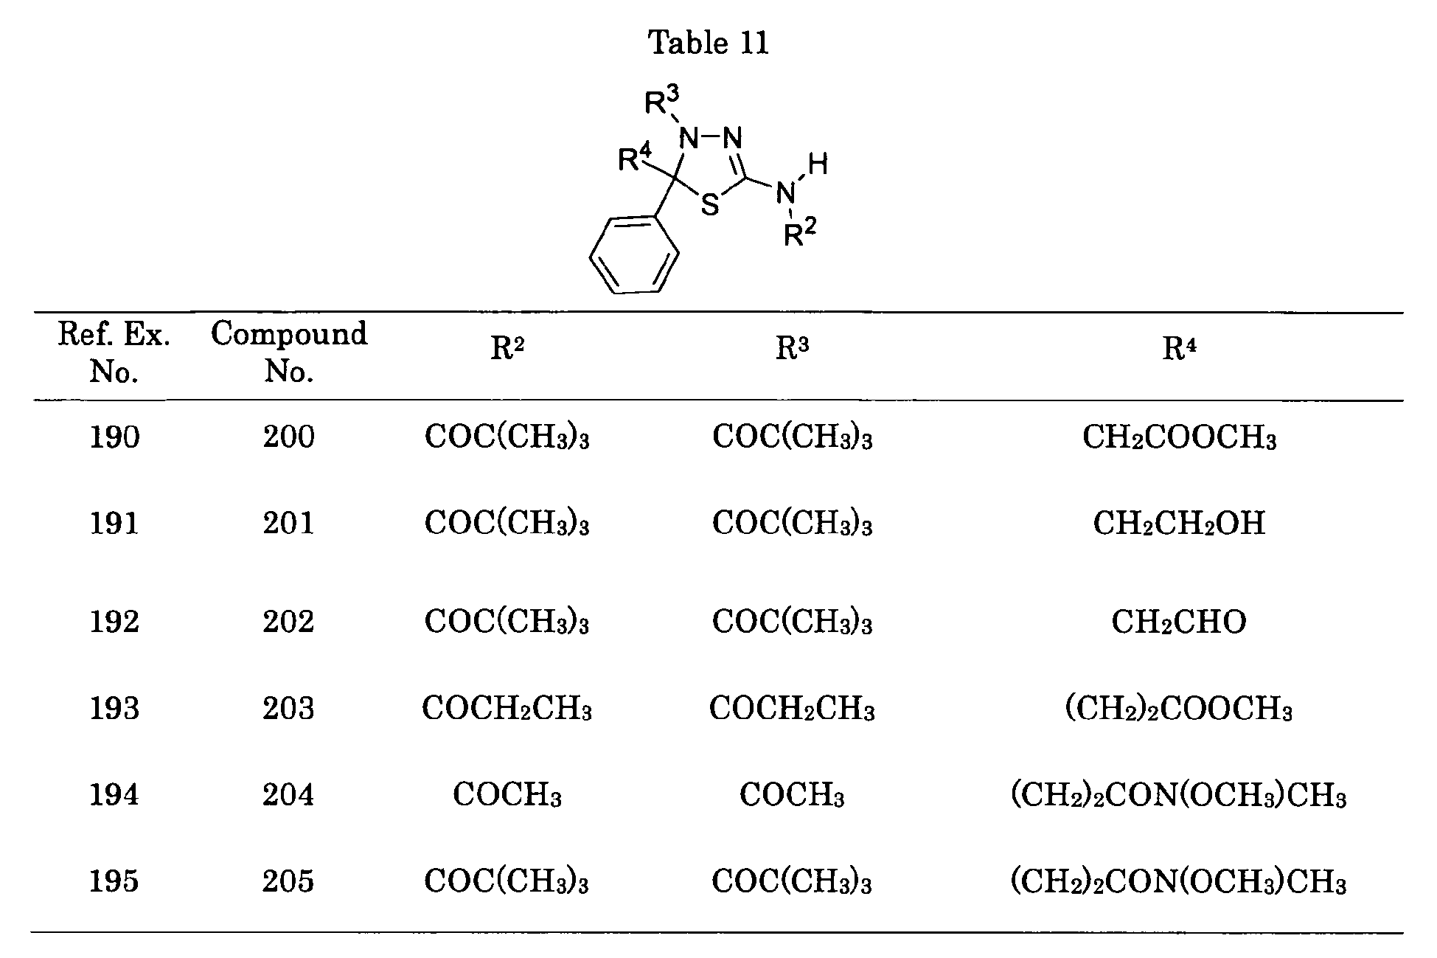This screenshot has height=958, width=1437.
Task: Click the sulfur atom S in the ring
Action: click(x=710, y=204)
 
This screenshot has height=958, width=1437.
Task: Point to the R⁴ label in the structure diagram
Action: click(x=635, y=157)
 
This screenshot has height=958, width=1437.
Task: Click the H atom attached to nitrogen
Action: click(x=818, y=164)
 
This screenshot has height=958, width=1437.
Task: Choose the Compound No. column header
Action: click(x=289, y=353)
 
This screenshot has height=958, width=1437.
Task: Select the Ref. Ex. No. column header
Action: click(x=114, y=353)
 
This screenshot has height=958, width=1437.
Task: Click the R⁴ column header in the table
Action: click(x=1179, y=349)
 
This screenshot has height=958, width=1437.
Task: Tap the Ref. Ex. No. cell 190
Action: click(x=114, y=437)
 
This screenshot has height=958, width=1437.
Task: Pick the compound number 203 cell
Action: click(x=288, y=709)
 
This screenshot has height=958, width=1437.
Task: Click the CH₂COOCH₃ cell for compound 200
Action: click(x=1179, y=438)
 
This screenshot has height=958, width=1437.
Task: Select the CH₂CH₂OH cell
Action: click(x=1179, y=524)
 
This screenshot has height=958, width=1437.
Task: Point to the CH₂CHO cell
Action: click(x=1179, y=622)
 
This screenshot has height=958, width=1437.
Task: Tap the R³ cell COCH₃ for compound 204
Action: click(x=792, y=795)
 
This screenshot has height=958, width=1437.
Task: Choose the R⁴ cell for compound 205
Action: click(x=1179, y=882)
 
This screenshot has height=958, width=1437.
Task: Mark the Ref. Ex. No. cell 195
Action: click(x=114, y=881)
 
